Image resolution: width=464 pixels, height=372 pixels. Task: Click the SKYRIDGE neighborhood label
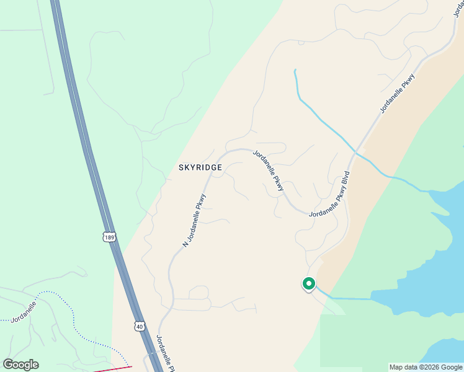(200, 168)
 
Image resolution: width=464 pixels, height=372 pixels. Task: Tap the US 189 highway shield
(109, 237)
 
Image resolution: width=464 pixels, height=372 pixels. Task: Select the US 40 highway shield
(140, 325)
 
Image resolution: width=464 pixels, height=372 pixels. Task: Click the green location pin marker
(308, 284)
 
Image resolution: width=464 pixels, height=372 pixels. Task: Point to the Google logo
(20, 365)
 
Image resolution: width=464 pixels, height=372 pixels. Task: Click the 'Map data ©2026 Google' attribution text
(426, 367)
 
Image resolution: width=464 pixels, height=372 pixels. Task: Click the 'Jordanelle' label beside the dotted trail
(24, 311)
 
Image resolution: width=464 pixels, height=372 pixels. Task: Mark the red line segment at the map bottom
(112, 369)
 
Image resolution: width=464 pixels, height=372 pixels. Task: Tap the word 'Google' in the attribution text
(451, 367)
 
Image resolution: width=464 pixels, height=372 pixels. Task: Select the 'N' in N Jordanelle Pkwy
(185, 244)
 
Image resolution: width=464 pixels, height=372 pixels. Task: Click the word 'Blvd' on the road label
(346, 177)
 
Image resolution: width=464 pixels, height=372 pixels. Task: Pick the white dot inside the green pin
(308, 283)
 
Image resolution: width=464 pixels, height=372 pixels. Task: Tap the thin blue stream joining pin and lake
(347, 298)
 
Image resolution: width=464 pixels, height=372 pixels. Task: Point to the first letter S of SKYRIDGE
(181, 168)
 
